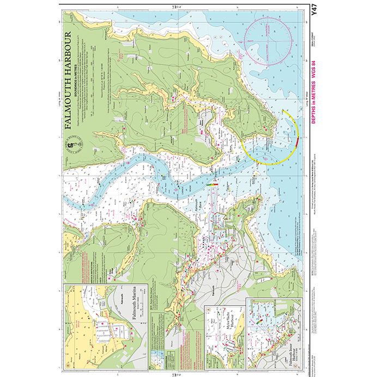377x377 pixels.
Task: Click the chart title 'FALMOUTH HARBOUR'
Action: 69,81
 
